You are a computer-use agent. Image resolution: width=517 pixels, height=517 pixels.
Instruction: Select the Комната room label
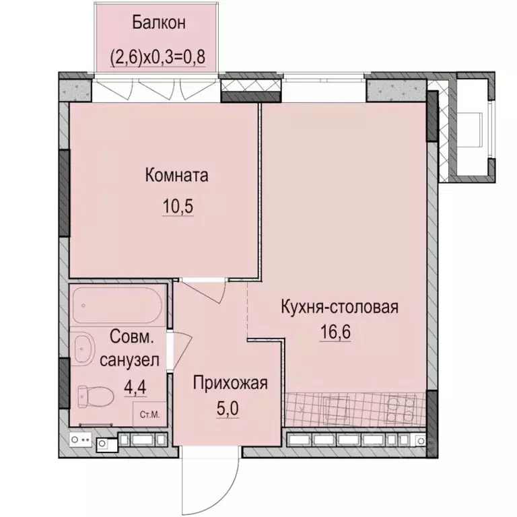(176, 176)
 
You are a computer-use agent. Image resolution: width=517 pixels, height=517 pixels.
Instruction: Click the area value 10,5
(177, 207)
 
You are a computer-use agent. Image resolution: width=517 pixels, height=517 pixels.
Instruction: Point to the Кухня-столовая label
(340, 308)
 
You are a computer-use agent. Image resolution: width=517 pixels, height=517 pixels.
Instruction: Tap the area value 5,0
(229, 408)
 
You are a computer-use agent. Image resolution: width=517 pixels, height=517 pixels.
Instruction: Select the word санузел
(129, 361)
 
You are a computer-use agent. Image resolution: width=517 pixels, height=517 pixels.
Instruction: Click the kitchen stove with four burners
(397, 409)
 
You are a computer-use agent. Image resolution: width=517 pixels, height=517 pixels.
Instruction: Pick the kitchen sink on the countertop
(335, 409)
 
